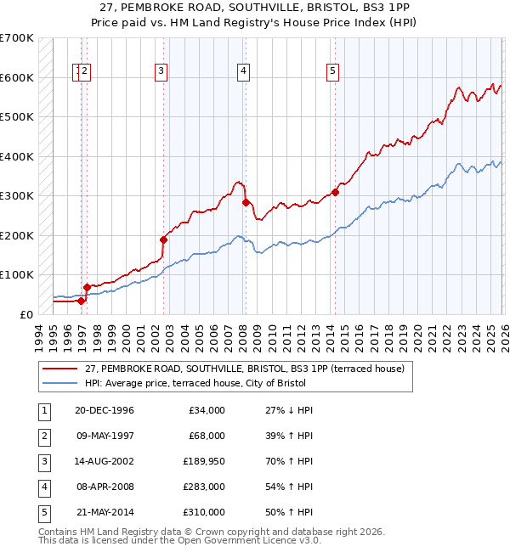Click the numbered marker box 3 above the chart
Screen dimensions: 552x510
pyautogui.click(x=161, y=72)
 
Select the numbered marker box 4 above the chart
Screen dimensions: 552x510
pyautogui.click(x=243, y=72)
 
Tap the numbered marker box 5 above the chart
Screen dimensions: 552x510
pyautogui.click(x=332, y=72)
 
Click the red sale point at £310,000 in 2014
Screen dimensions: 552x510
pyautogui.click(x=335, y=192)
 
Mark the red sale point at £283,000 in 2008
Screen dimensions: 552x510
pyautogui.click(x=246, y=202)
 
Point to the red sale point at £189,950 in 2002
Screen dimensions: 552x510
pyautogui.click(x=163, y=239)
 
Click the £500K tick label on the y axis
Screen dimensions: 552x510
pyautogui.click(x=17, y=117)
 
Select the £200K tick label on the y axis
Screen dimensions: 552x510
pyautogui.click(x=17, y=235)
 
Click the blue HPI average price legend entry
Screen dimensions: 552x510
pyautogui.click(x=225, y=383)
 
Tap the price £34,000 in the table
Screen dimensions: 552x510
pyautogui.click(x=206, y=410)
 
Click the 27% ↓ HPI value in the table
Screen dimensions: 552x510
pyautogui.click(x=289, y=410)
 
